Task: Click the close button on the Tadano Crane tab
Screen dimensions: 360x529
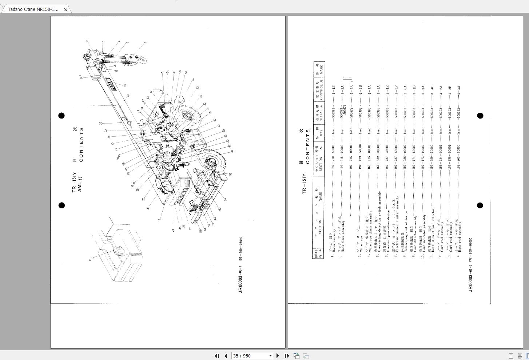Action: tap(65, 9)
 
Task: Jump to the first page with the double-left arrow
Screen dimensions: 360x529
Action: tap(217, 356)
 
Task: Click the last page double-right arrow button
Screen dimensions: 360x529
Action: tap(287, 356)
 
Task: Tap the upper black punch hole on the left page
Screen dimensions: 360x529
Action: tap(61, 116)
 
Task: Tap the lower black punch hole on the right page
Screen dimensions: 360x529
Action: tap(480, 205)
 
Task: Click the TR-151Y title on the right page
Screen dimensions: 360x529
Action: tap(304, 184)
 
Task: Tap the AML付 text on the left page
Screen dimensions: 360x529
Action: tap(80, 184)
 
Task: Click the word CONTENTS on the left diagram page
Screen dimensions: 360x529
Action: tap(81, 144)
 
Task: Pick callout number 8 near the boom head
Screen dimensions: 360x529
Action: tap(87, 41)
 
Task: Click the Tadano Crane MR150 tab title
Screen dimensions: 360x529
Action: tap(33, 9)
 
